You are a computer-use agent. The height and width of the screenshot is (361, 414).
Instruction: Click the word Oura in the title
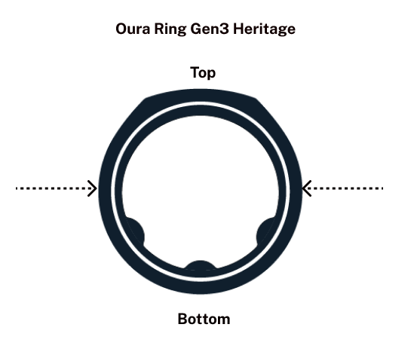point(133,29)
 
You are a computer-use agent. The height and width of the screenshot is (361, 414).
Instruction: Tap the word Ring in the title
point(170,29)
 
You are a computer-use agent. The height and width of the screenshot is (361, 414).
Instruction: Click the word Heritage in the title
point(264,29)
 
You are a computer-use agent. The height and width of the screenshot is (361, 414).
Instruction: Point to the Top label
point(203,73)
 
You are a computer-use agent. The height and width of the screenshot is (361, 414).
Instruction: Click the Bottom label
point(204,319)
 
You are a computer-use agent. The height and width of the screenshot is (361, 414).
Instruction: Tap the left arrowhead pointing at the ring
point(93,188)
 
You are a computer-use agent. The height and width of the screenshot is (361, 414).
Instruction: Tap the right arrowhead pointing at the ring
point(306,188)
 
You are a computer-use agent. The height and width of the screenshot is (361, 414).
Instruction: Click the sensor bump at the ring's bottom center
point(200,265)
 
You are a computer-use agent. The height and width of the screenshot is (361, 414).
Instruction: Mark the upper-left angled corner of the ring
point(145,99)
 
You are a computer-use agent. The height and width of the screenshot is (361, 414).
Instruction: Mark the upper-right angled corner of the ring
point(256,99)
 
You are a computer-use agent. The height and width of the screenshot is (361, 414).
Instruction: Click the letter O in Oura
point(121,29)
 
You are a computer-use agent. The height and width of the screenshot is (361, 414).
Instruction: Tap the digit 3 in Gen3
point(225,29)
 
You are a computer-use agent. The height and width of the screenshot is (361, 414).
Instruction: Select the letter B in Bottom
point(182,319)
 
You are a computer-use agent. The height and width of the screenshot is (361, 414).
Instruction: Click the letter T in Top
point(195,72)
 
